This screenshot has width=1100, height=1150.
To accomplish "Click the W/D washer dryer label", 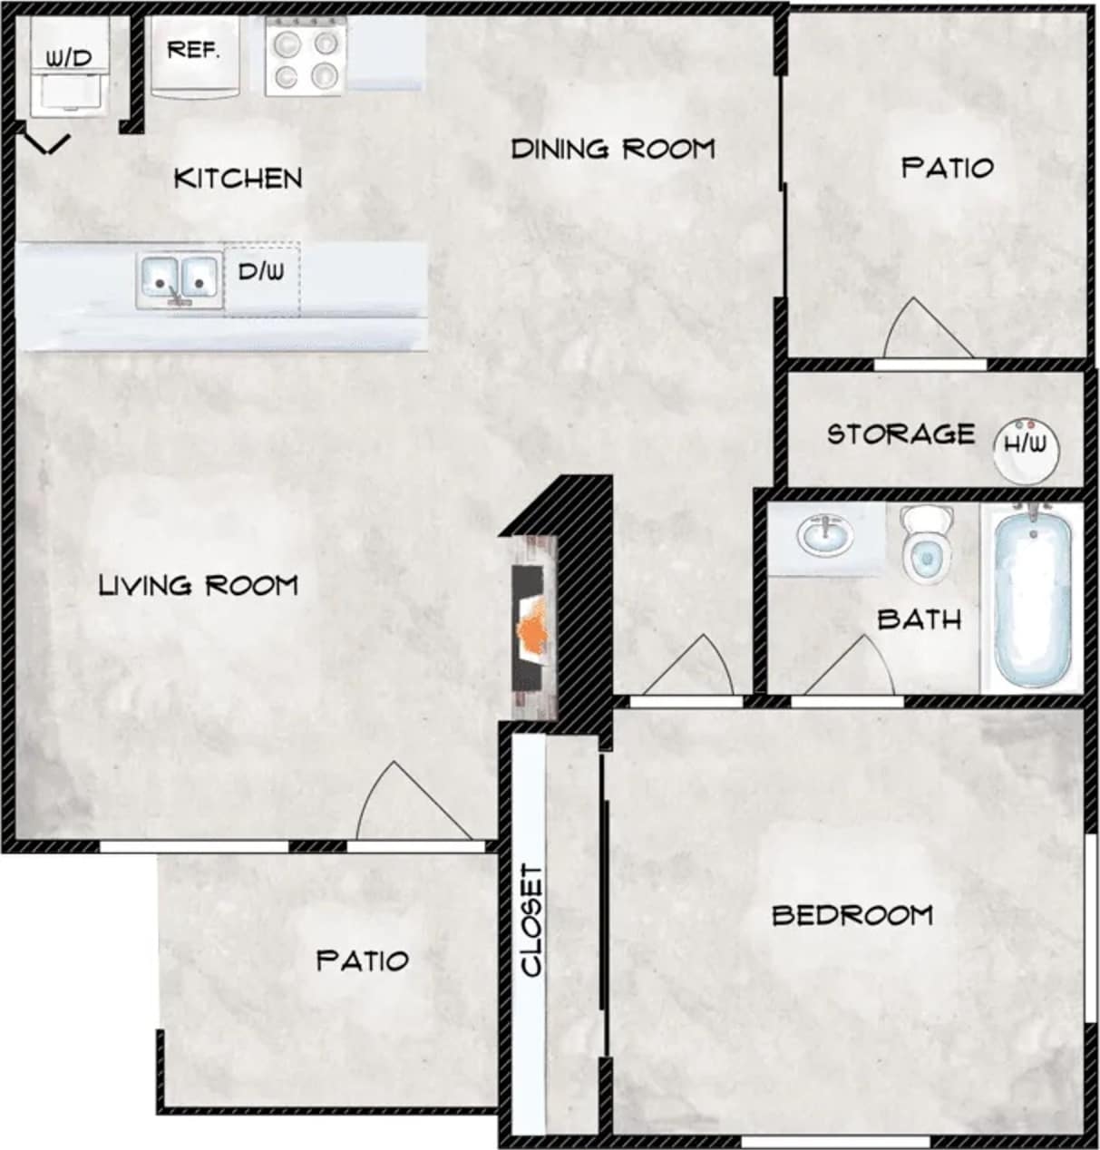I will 69,59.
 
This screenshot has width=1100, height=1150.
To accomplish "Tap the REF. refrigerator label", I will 193,50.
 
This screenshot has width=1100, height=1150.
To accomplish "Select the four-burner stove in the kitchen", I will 306,59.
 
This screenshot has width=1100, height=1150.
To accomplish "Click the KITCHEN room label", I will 238,178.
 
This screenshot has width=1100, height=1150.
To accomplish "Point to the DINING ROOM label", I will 613,149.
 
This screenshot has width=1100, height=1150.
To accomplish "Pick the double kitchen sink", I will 179,279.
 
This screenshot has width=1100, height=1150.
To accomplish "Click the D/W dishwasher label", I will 261,271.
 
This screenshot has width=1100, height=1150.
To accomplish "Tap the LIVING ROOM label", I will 198,585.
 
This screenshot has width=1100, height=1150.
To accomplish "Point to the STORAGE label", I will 900,434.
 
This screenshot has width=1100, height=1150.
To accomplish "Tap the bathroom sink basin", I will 825,535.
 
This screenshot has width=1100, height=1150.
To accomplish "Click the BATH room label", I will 919,619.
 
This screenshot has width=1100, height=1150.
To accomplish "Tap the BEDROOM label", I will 852,915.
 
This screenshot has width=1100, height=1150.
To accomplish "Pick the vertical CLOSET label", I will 531,921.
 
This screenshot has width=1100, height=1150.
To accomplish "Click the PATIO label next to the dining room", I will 947,168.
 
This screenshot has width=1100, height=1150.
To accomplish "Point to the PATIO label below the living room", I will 362,960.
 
